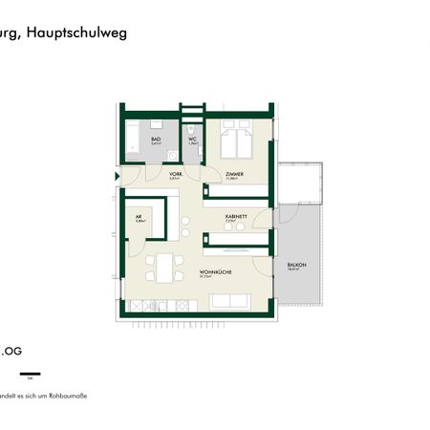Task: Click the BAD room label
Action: (x=157, y=139)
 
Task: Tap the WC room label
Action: (x=192, y=139)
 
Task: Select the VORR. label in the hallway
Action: (x=174, y=174)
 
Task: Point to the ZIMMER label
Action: (x=234, y=174)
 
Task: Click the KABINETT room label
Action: (x=236, y=217)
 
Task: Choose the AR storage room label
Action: (x=140, y=217)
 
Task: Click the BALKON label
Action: (x=292, y=267)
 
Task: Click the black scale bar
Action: (x=31, y=372)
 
